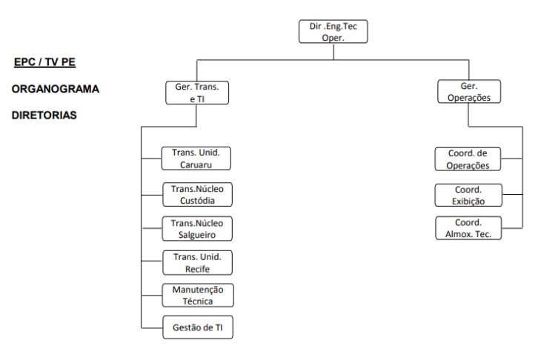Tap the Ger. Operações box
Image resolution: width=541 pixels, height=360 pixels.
pos(470,92)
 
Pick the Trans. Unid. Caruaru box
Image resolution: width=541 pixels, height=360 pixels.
pos(197,159)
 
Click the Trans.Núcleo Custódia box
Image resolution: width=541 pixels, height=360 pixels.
pos(197,193)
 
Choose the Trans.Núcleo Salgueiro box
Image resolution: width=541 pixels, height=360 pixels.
pos(197,227)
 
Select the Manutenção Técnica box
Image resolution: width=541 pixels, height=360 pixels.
pos(197,294)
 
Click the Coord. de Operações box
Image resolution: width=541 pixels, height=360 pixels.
pos(468,159)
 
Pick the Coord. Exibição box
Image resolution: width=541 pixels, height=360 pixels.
pos(468,194)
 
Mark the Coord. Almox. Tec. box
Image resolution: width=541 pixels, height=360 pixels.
pos(468,227)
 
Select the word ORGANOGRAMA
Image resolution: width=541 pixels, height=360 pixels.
pos(55,89)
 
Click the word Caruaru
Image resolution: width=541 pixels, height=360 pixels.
pos(197,164)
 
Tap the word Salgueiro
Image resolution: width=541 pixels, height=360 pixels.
pos(197,233)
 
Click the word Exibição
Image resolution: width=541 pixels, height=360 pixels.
pos(468,200)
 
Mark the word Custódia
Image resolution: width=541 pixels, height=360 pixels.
pos(197,199)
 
